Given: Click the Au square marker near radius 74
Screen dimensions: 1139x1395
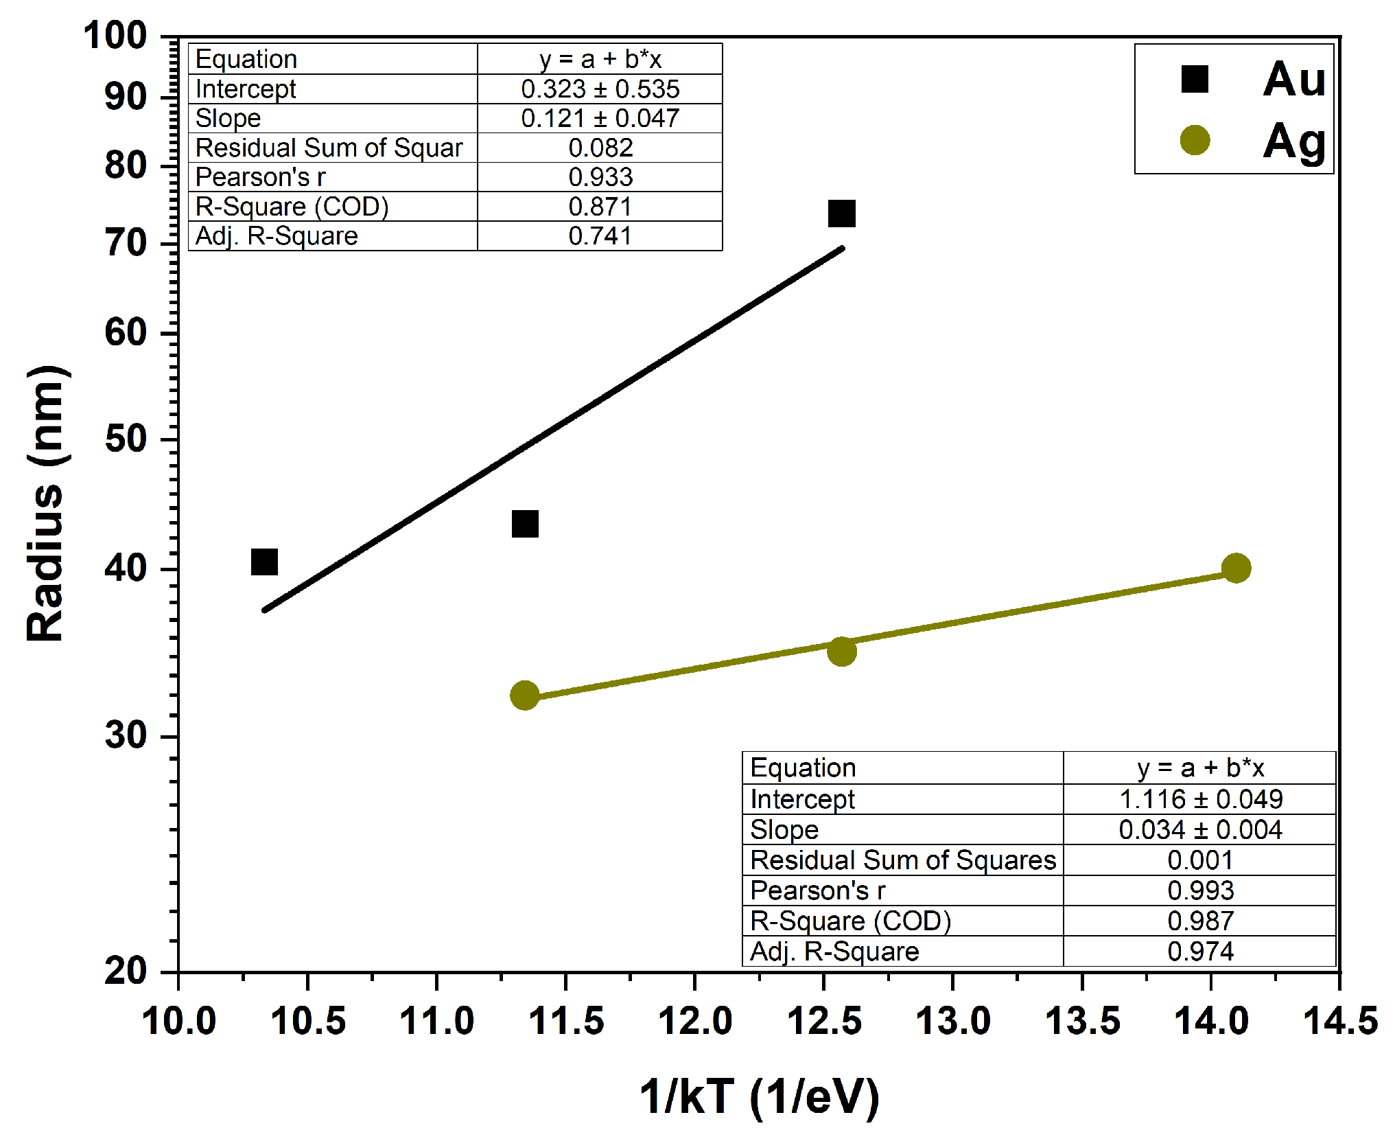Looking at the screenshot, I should pyautogui.click(x=841, y=214).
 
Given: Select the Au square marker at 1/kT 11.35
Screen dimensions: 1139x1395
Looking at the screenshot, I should pyautogui.click(x=525, y=524).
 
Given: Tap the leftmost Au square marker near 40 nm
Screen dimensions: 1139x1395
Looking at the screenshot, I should pyautogui.click(x=264, y=562).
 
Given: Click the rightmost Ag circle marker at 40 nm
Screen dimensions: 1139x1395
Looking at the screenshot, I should pyautogui.click(x=1236, y=568).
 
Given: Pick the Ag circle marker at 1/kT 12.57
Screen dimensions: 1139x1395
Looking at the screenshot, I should pyautogui.click(x=841, y=651).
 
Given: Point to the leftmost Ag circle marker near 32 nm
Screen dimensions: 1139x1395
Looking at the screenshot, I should pyautogui.click(x=525, y=695).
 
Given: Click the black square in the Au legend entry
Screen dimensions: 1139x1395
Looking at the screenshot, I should pyautogui.click(x=1194, y=79).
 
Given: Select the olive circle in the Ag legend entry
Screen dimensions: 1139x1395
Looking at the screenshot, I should pyautogui.click(x=1194, y=140).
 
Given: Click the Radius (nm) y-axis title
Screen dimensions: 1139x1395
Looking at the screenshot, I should pyautogui.click(x=45, y=504).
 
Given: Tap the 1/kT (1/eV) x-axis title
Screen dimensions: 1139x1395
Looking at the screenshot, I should pyautogui.click(x=759, y=1096).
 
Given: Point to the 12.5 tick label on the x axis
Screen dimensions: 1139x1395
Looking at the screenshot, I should pyautogui.click(x=824, y=1021).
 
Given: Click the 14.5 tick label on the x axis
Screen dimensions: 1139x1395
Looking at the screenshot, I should pyautogui.click(x=1339, y=1021).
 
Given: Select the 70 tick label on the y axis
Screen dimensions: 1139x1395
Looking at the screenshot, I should pyautogui.click(x=126, y=243).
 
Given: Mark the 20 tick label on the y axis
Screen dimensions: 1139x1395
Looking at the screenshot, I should pyautogui.click(x=126, y=971).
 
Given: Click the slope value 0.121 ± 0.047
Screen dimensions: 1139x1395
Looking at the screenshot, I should pyautogui.click(x=600, y=118).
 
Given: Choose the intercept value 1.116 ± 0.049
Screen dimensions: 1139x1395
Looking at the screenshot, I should pyautogui.click(x=1200, y=799).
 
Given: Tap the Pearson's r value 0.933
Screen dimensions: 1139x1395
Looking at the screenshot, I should pyautogui.click(x=600, y=177).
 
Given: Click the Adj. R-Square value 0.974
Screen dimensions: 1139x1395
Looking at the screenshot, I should pyautogui.click(x=1200, y=952).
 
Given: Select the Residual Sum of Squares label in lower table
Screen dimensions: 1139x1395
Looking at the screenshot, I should pyautogui.click(x=902, y=860).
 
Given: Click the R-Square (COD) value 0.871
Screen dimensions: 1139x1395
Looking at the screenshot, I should pyautogui.click(x=600, y=207).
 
